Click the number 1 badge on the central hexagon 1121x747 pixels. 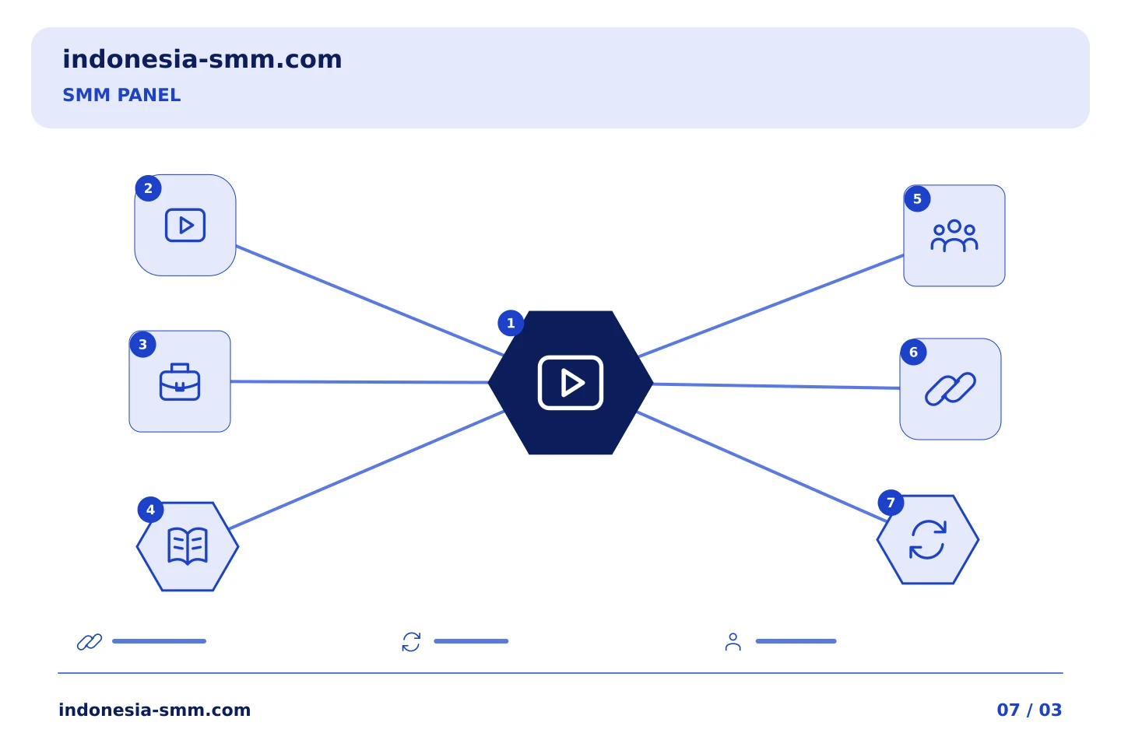click(x=511, y=323)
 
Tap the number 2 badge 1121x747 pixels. click(x=148, y=188)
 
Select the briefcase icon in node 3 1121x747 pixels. click(x=180, y=382)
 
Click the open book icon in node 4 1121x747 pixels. click(x=187, y=546)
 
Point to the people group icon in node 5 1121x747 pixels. click(x=954, y=236)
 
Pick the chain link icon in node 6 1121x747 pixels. click(x=950, y=389)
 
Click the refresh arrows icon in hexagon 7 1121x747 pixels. click(x=928, y=539)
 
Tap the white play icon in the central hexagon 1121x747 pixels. click(x=571, y=383)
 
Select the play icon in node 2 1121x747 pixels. click(x=185, y=225)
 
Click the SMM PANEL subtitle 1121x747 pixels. click(x=121, y=95)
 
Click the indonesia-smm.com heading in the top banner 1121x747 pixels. click(x=202, y=59)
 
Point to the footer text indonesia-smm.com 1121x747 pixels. click(x=155, y=710)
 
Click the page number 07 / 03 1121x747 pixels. click(x=1029, y=710)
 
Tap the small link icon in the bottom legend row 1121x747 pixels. click(x=90, y=641)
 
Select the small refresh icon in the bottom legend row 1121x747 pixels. click(x=411, y=642)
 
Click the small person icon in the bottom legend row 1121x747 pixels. click(x=733, y=642)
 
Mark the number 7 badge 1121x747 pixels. click(x=891, y=503)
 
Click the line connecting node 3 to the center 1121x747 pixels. click(x=360, y=382)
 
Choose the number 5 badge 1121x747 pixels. click(x=917, y=198)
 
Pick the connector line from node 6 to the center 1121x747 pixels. click(x=776, y=386)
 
